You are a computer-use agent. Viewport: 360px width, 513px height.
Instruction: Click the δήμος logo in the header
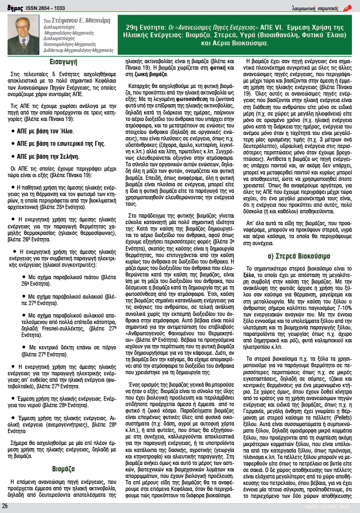click(x=10, y=6)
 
